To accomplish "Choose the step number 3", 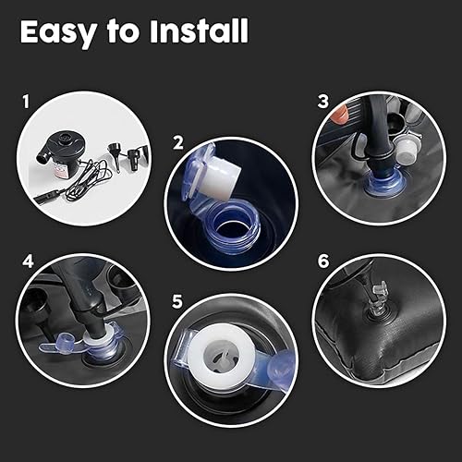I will pos(322,100).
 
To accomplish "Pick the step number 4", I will pos(26,261).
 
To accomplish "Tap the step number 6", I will pos(322,260).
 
